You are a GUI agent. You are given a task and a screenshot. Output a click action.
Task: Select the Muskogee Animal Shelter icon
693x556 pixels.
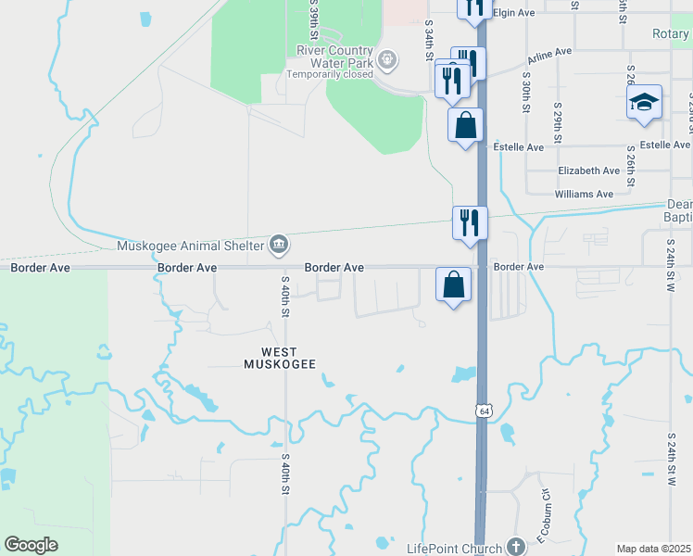278,245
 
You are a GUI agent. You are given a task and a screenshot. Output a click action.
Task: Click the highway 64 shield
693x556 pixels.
483,409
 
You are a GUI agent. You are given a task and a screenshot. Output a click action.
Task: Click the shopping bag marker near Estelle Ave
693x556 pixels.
465,124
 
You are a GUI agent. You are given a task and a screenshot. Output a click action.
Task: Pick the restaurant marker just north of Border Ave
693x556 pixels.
470,222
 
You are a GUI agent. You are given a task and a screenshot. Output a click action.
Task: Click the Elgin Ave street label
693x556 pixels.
516,13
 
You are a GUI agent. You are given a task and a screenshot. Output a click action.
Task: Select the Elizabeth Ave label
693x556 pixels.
588,171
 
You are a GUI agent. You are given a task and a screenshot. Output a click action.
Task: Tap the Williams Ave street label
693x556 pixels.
584,195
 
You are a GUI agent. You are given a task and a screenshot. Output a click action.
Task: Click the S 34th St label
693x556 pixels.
429,42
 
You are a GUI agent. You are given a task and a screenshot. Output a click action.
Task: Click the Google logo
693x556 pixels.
31,545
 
